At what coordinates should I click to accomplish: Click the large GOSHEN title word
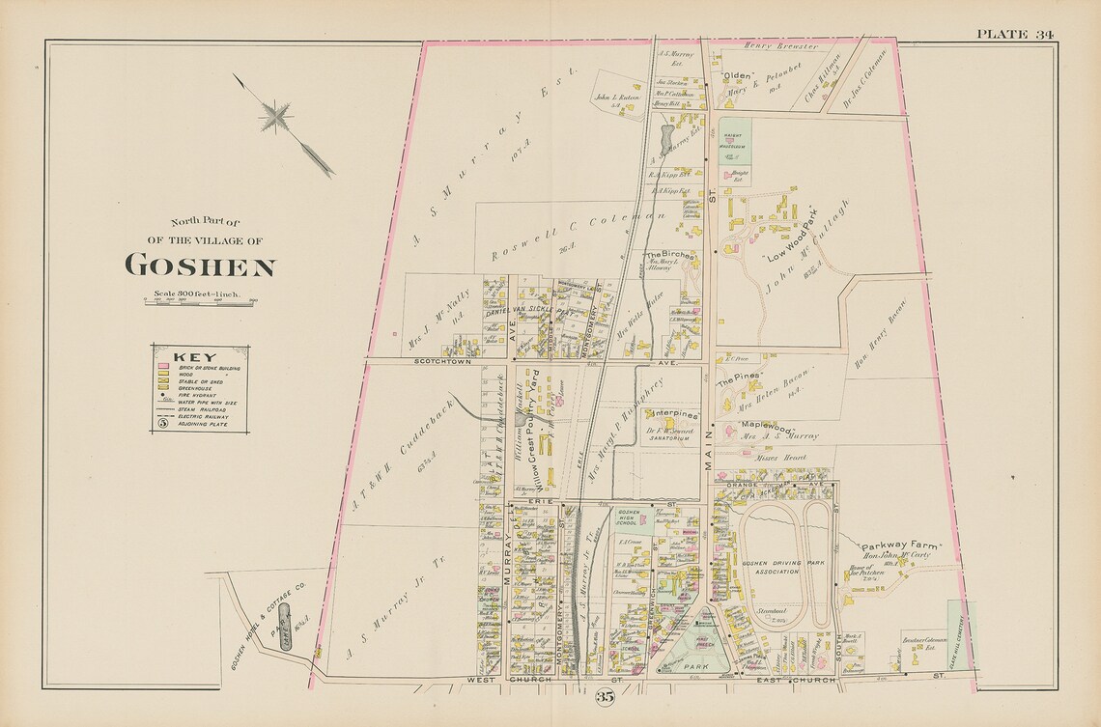point(200,266)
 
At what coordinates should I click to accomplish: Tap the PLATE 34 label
point(1014,34)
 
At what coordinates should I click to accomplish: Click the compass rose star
point(277,118)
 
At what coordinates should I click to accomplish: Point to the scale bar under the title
point(200,302)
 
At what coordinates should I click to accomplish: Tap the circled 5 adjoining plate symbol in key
point(163,423)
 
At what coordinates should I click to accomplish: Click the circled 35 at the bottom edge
point(606,696)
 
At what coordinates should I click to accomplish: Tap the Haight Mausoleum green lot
point(734,141)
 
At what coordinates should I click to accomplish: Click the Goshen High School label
point(629,517)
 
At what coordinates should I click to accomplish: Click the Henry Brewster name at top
point(784,46)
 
